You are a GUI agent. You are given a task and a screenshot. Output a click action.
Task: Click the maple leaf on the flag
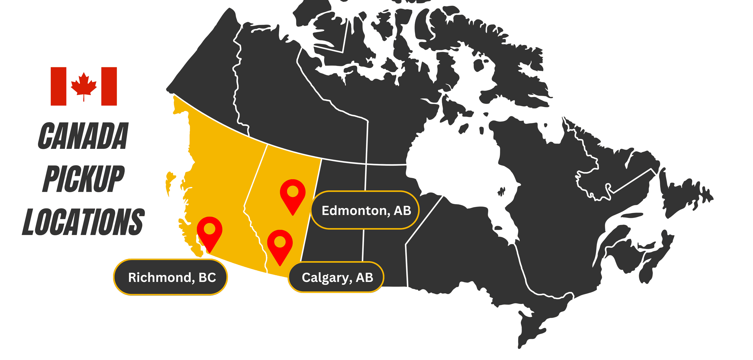tap(84, 85)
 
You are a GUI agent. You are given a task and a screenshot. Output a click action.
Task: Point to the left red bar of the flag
tap(58, 86)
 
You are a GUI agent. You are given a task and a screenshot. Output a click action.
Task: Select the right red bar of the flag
tap(109, 86)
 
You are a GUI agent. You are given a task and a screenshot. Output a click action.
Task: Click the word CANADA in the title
tap(83, 136)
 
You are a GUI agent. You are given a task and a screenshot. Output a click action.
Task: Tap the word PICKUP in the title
tap(83, 179)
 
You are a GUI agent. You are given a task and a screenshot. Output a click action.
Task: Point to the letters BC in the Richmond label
tap(207, 277)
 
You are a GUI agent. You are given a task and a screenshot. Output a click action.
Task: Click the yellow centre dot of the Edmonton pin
tap(293, 192)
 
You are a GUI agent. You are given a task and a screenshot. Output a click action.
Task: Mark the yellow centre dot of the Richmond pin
tap(209, 229)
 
